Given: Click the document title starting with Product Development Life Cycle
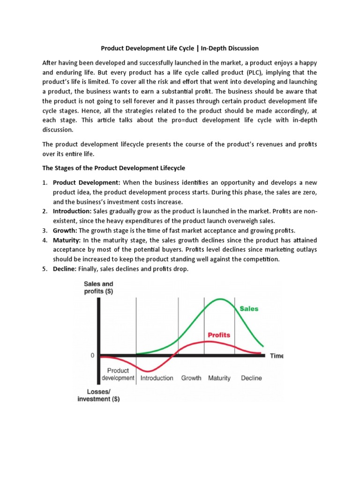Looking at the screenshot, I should (180, 48).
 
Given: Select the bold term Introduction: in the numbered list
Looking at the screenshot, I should (72, 211).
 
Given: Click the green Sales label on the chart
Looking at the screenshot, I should (249, 309).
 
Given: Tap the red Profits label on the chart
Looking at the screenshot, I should (219, 335).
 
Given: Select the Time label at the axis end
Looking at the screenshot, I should (277, 356).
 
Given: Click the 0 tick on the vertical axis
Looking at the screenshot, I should (92, 355).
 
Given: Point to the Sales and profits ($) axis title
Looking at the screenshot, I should (98, 287).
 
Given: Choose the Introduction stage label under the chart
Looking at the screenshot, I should (157, 378).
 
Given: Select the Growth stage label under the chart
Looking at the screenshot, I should (191, 378).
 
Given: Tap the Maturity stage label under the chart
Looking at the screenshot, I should (219, 378).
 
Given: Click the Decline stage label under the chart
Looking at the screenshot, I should (251, 378).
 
